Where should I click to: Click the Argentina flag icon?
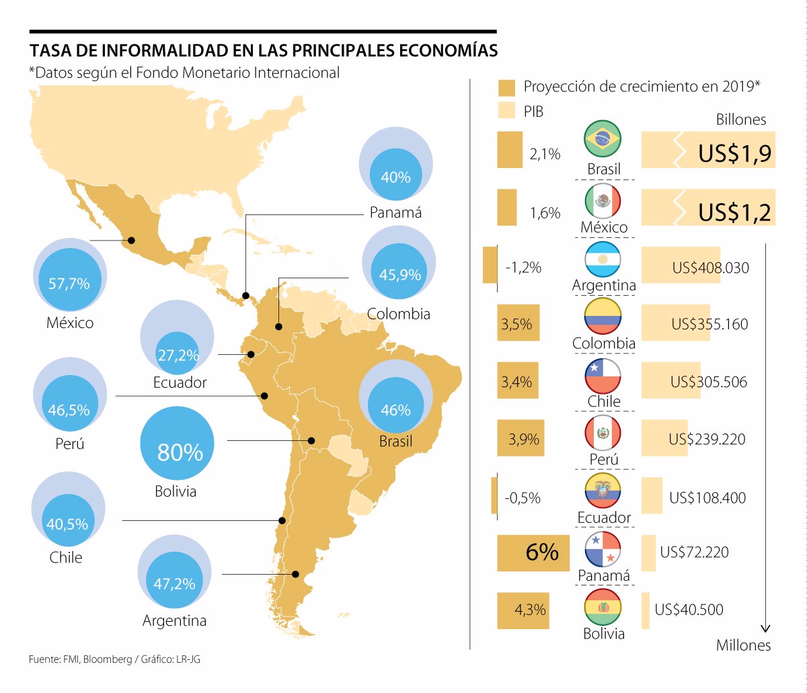click(603, 259)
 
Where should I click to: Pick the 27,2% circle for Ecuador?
click(177, 355)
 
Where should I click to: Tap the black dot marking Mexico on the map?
click(132, 240)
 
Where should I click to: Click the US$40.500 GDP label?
click(689, 610)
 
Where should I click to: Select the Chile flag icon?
click(603, 376)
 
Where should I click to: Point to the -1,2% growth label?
click(523, 267)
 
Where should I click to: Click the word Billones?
click(740, 120)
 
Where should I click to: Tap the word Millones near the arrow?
click(743, 645)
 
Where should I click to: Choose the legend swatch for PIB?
click(506, 111)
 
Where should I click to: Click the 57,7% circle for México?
click(69, 283)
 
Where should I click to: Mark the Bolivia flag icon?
click(603, 608)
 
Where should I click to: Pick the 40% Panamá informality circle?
click(395, 177)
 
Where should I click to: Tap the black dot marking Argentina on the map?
click(296, 574)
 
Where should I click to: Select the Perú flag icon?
click(603, 434)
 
